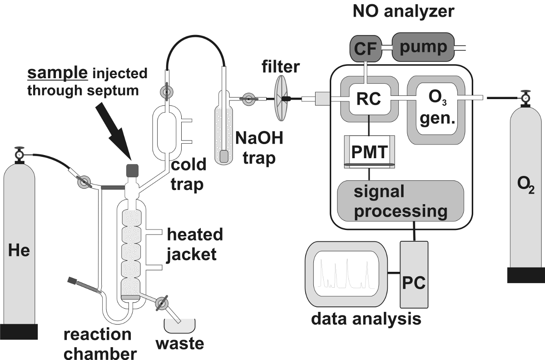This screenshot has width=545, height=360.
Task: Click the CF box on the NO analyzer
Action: [x=366, y=47]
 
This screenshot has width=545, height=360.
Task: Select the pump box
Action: [x=423, y=46]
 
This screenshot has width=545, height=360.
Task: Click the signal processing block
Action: [x=400, y=201]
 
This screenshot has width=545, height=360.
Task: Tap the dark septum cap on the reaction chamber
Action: [x=132, y=170]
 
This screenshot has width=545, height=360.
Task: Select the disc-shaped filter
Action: [x=281, y=98]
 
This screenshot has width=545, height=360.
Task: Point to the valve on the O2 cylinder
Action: [x=525, y=97]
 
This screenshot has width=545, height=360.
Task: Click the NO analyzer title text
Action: [x=403, y=11]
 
